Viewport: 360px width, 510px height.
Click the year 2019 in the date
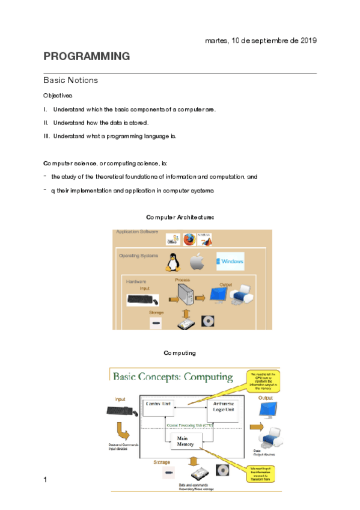(x=307, y=40)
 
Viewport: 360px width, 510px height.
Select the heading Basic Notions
(x=70, y=80)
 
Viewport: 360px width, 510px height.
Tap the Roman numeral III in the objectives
(x=46, y=136)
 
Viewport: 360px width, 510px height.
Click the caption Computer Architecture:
(x=180, y=217)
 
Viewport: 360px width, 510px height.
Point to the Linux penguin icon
(x=174, y=262)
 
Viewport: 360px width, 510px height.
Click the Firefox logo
(x=190, y=240)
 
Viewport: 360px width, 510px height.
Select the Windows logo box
(x=230, y=261)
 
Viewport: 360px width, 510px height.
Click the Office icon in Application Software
(x=172, y=239)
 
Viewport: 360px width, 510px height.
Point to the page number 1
(x=45, y=479)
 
